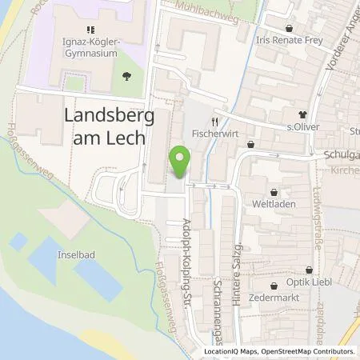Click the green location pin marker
tap(182, 162)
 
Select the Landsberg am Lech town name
tap(105, 126)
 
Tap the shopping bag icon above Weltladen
tap(277, 193)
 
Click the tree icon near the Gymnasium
tap(127, 76)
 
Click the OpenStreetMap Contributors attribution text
tap(316, 351)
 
